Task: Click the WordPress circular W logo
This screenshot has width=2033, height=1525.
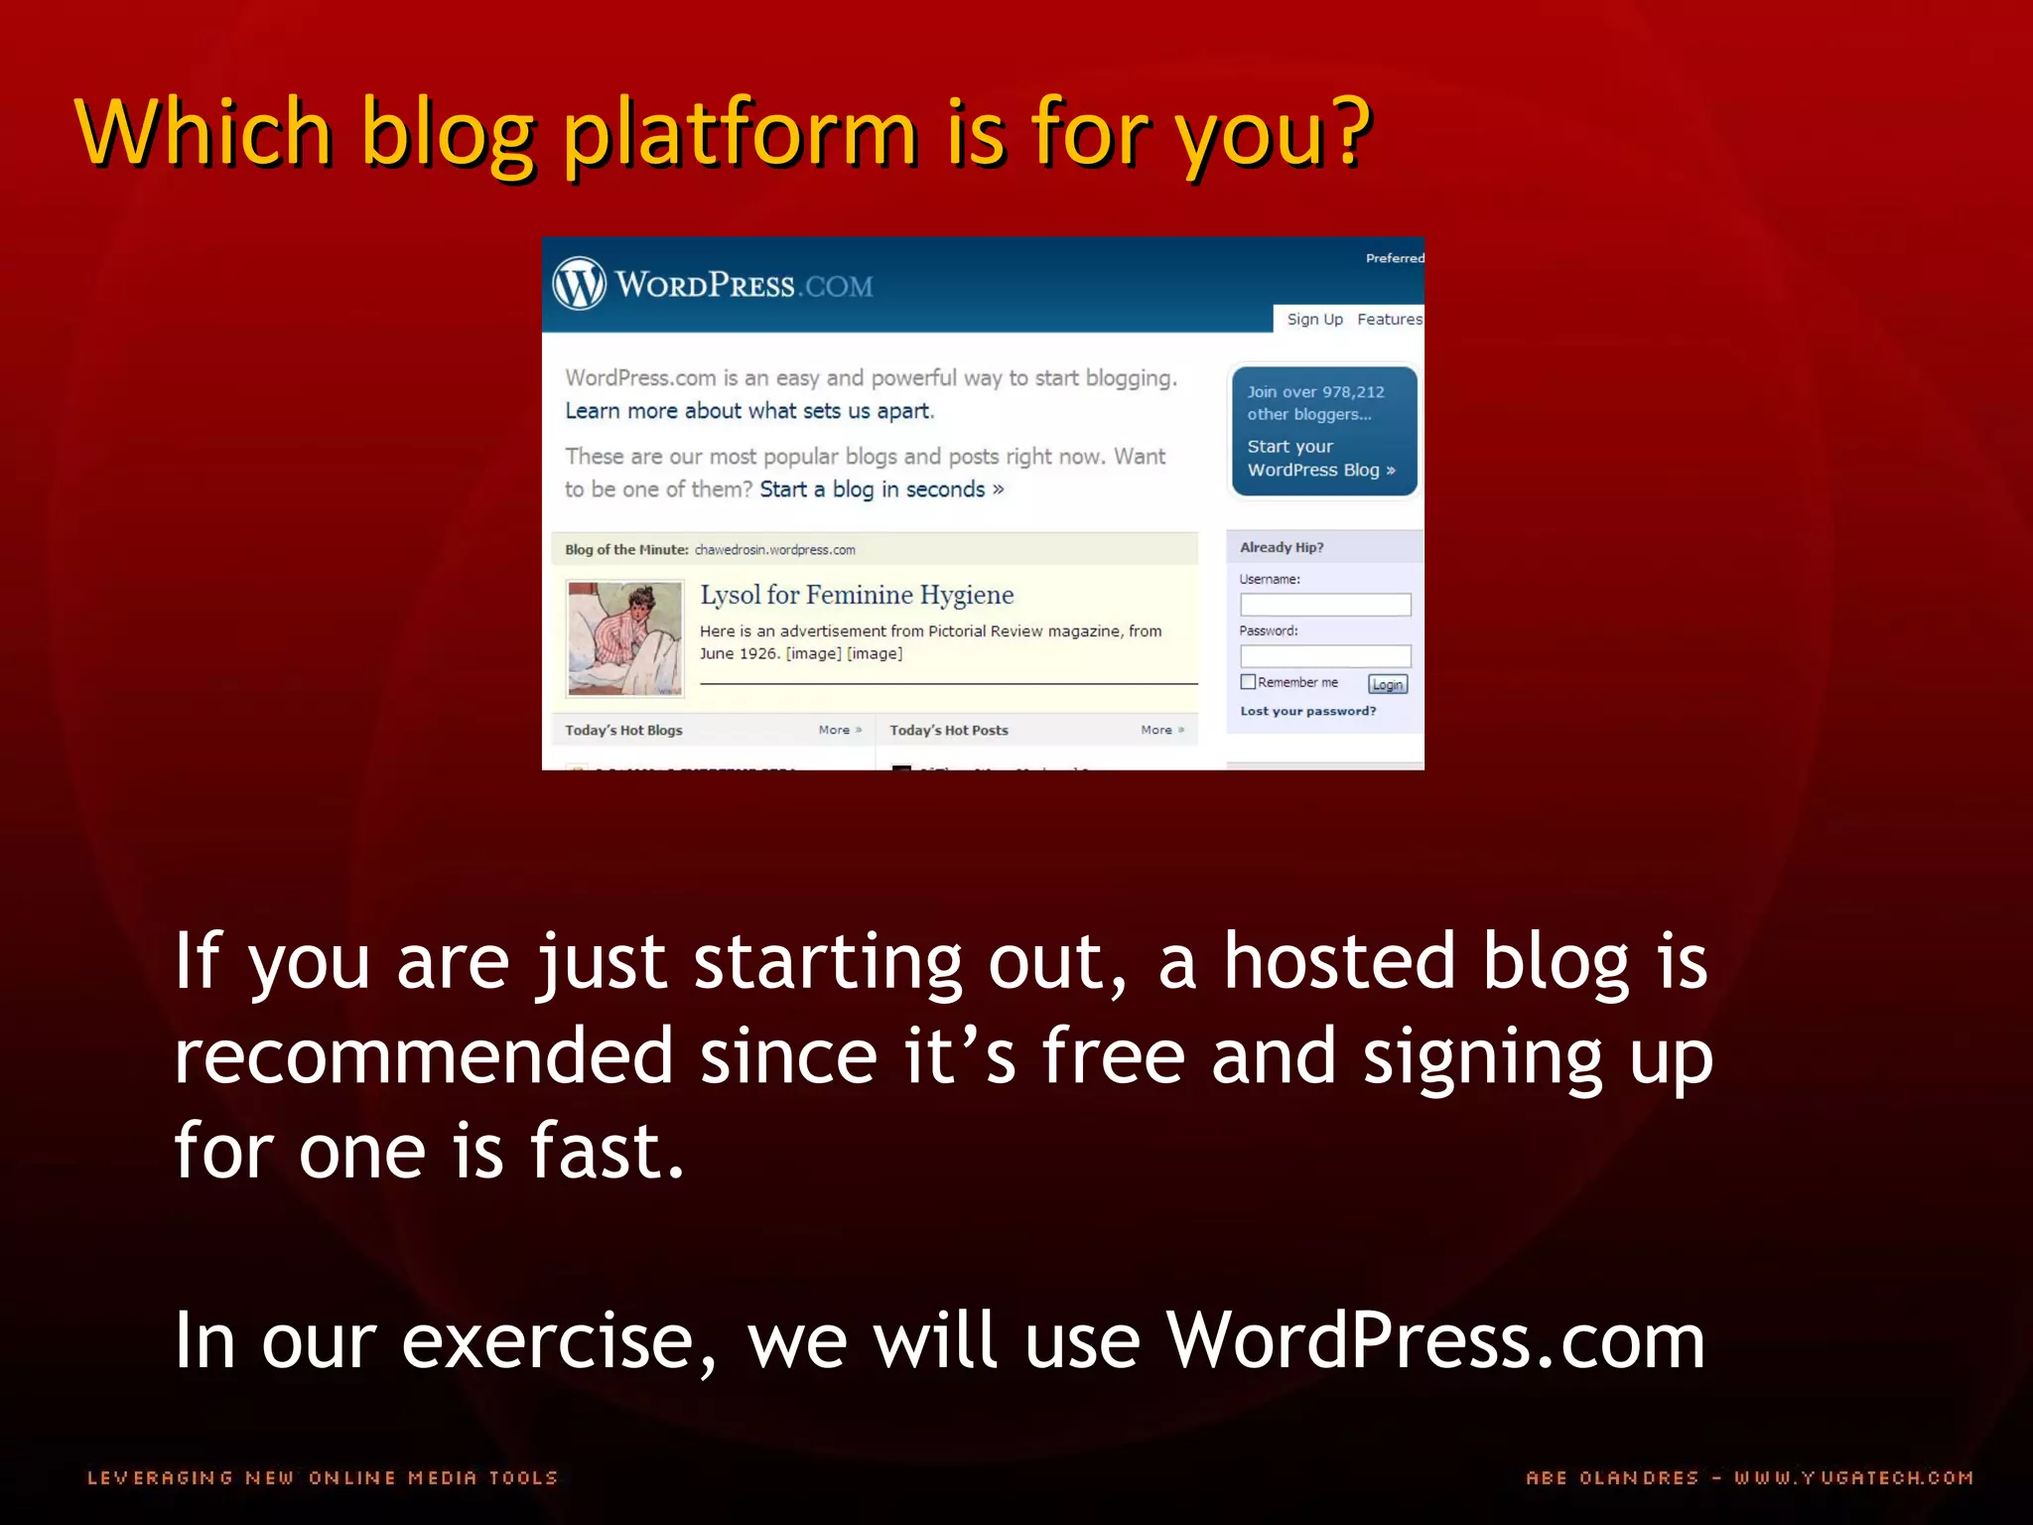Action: click(579, 283)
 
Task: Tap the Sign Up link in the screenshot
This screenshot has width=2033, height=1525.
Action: click(1314, 319)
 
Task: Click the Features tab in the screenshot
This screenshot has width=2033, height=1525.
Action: click(1389, 319)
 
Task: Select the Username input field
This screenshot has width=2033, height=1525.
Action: click(1324, 605)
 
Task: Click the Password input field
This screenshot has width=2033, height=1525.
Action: click(1324, 656)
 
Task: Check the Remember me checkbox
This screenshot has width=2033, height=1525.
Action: click(1248, 682)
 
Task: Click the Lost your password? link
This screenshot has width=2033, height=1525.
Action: click(1307, 711)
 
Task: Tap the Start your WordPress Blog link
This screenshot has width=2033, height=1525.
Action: click(1320, 459)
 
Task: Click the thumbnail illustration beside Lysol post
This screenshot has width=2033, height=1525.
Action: click(624, 638)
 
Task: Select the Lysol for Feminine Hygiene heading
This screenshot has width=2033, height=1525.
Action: click(857, 595)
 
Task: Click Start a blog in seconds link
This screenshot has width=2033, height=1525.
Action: click(881, 489)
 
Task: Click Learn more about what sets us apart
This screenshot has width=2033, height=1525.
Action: click(749, 411)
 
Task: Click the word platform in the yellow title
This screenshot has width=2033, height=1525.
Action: click(740, 134)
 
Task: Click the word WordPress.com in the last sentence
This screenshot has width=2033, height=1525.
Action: click(1434, 1340)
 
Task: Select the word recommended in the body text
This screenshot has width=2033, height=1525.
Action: click(424, 1055)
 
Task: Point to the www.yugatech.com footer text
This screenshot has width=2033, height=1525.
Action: click(1853, 1477)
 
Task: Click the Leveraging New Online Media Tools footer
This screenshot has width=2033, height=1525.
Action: click(323, 1477)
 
